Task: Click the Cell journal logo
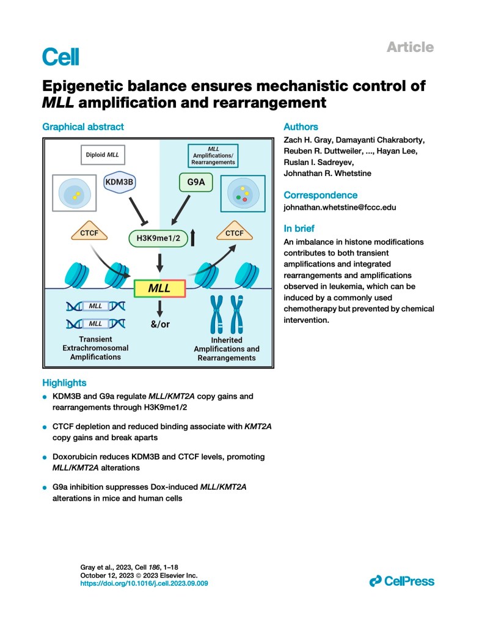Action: [x=60, y=56]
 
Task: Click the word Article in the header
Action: [x=410, y=47]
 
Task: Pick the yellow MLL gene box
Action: [x=159, y=287]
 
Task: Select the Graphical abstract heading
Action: [x=82, y=127]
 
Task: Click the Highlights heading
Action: [x=64, y=383]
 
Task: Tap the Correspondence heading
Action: [x=320, y=195]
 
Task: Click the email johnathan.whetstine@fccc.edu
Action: [x=340, y=207]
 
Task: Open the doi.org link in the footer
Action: [x=144, y=584]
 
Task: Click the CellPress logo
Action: [x=401, y=581]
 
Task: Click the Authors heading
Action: [x=301, y=127]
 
